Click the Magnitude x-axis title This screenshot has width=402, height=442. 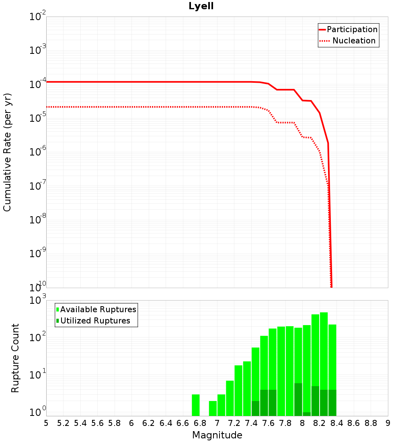pyautogui.click(x=217, y=435)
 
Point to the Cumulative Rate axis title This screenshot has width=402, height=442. pyautogui.click(x=7, y=152)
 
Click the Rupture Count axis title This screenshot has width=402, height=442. pyautogui.click(x=15, y=358)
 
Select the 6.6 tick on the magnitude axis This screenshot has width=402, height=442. pyautogui.click(x=183, y=423)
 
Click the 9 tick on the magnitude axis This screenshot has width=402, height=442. pyautogui.click(x=388, y=423)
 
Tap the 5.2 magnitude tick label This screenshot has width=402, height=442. pyautogui.click(x=63, y=423)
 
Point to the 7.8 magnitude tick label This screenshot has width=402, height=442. pyautogui.click(x=285, y=423)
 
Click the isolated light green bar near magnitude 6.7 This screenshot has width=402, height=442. pyautogui.click(x=196, y=405)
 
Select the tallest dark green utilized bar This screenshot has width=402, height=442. pyautogui.click(x=298, y=399)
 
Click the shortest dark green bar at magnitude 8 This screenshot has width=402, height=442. pyautogui.click(x=307, y=414)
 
